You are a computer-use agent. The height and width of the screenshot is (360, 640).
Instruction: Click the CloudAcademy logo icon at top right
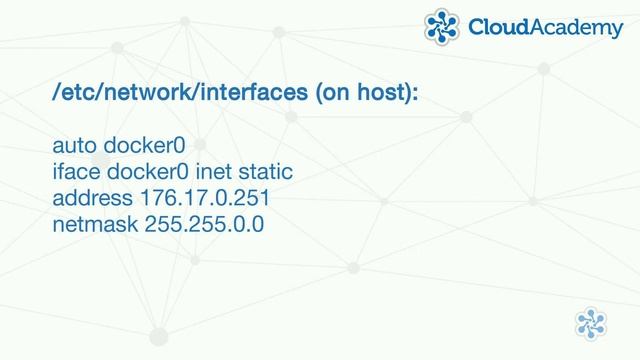443,27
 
